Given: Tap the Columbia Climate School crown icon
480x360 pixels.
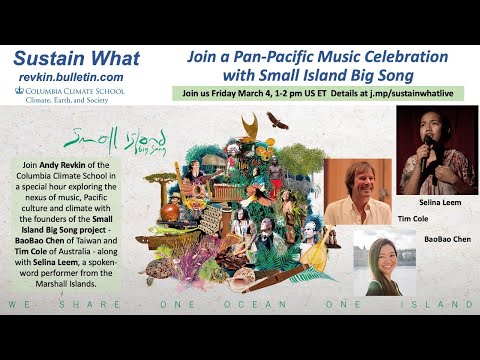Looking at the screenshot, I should point(21,91).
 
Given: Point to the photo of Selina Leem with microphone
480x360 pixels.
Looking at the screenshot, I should point(435,149).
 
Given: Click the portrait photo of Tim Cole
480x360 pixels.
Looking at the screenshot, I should point(357,191).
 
